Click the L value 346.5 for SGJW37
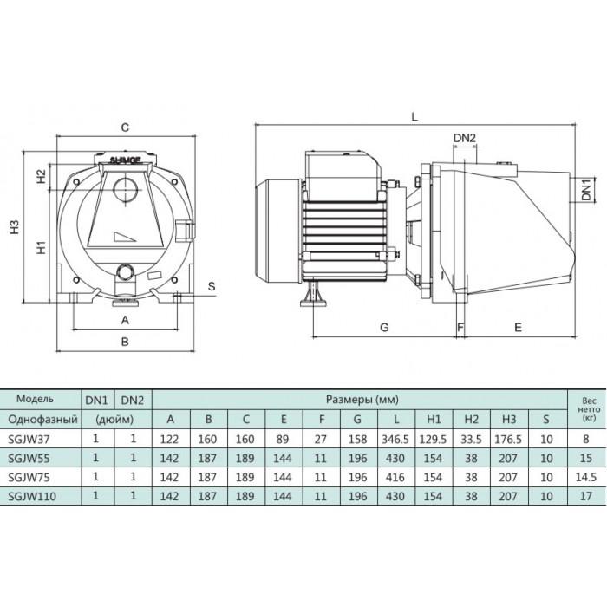[395, 439]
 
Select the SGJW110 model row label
[32, 496]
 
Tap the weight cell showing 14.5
[585, 477]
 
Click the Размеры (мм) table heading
[362, 399]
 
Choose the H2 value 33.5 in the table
[471, 439]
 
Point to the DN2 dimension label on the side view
[464, 138]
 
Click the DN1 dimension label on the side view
[587, 189]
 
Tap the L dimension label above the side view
[414, 116]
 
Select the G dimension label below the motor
[384, 327]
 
